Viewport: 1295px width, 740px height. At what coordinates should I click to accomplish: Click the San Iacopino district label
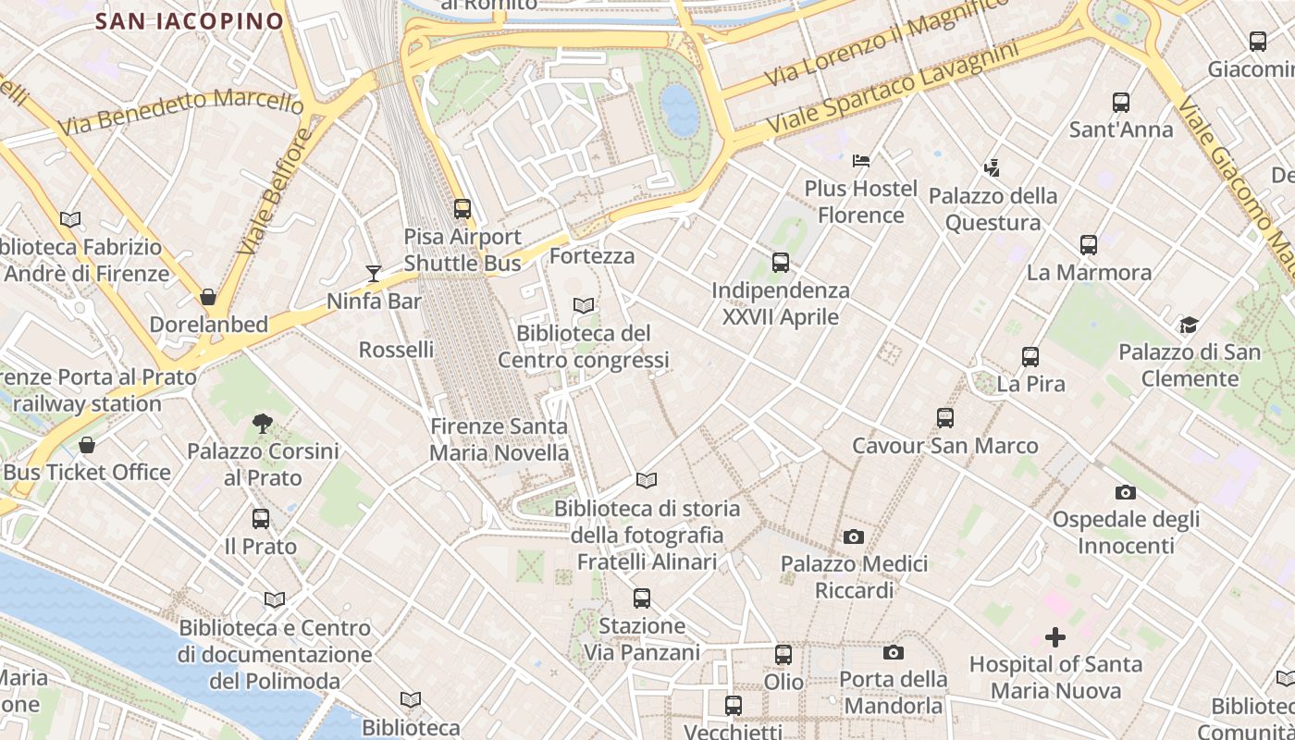[x=190, y=21]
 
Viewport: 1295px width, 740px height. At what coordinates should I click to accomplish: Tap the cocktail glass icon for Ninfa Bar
[x=374, y=273]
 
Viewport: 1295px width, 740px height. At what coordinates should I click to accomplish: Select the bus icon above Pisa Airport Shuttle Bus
[x=462, y=209]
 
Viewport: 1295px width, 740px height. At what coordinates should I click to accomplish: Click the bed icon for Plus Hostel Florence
[x=861, y=161]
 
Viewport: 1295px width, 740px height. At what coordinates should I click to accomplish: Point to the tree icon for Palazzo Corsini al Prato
[x=263, y=424]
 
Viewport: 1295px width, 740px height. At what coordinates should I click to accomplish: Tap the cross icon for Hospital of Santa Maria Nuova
[x=1055, y=637]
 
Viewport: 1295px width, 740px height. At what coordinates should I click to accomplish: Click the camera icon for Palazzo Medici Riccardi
[x=854, y=536]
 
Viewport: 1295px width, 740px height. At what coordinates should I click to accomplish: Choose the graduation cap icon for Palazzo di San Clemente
[x=1189, y=325]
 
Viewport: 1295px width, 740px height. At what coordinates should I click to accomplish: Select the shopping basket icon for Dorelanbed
[x=208, y=297]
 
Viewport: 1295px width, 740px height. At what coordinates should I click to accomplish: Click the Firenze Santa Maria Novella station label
[x=499, y=439]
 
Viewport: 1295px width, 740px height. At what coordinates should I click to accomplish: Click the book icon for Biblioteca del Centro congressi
[x=584, y=305]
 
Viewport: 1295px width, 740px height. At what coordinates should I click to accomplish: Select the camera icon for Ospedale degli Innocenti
[x=1126, y=492]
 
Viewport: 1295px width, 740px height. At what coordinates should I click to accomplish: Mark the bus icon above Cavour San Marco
[x=944, y=418]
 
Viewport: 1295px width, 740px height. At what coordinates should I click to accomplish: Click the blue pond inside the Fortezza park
[x=680, y=109]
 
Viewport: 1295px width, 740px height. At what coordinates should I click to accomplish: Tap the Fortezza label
[x=592, y=255]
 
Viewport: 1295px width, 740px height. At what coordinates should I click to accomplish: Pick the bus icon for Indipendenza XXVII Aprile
[x=781, y=263]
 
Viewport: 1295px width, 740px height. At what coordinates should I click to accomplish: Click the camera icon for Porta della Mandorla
[x=893, y=652]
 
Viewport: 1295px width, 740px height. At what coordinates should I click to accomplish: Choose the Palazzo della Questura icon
[x=993, y=168]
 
